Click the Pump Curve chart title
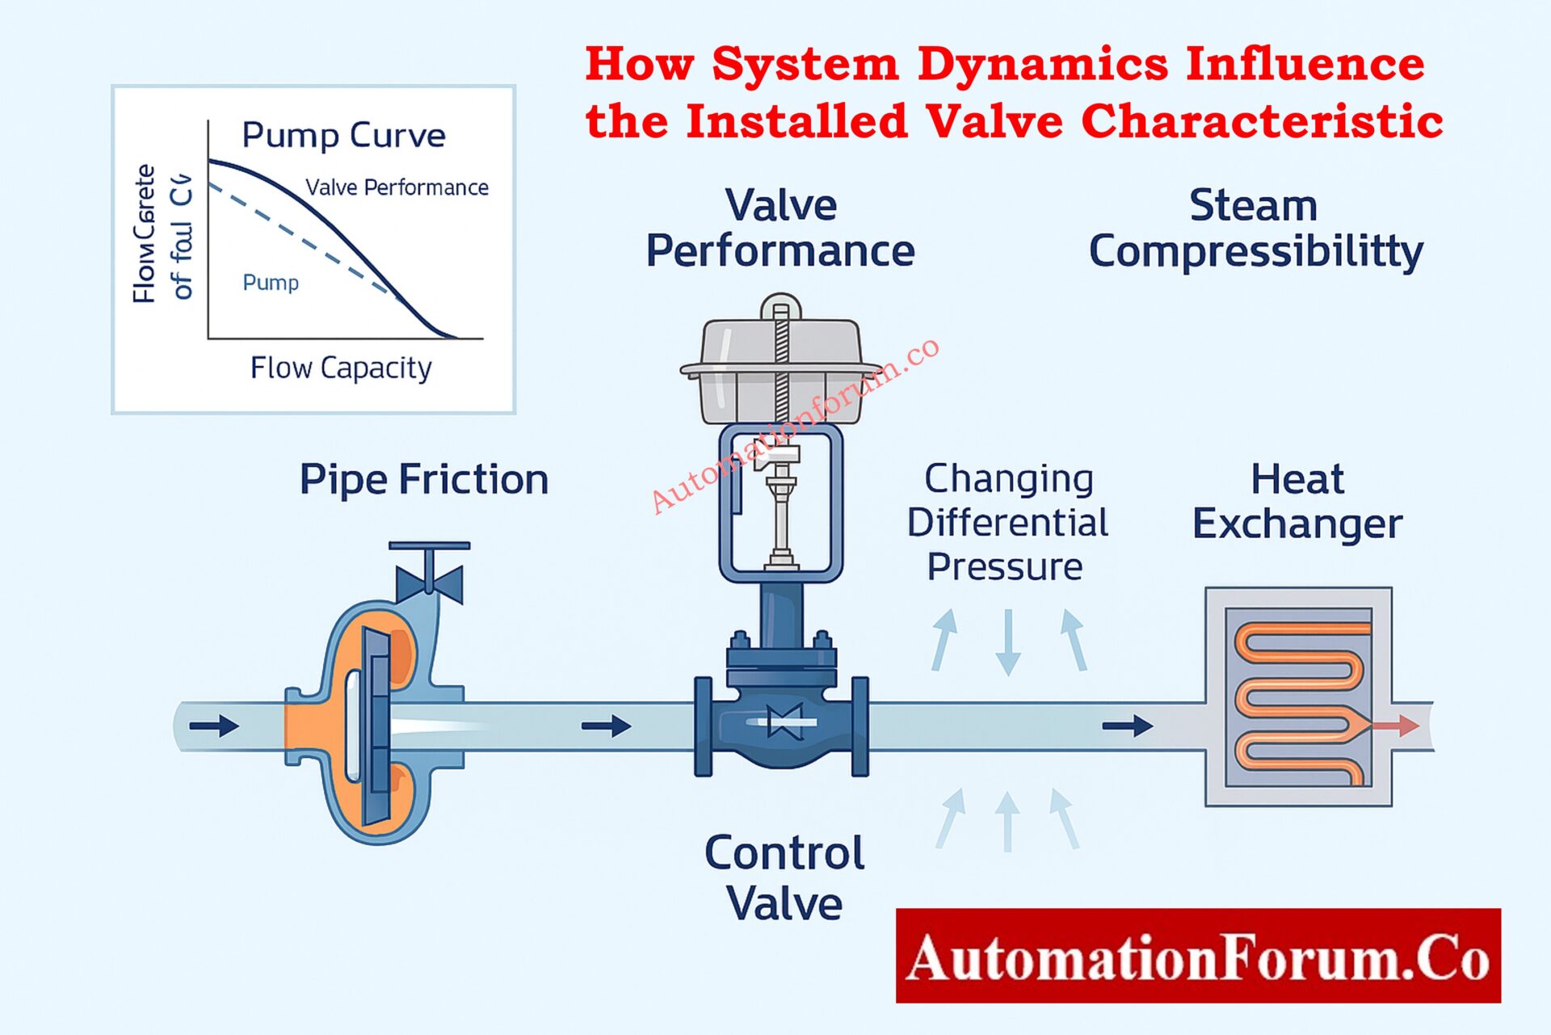coord(343,136)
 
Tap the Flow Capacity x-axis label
coord(341,368)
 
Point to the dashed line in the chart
coord(307,242)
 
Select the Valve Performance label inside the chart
coord(397,187)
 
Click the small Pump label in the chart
coord(271,283)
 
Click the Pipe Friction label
coord(424,479)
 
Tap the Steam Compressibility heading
coord(1255,228)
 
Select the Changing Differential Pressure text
coord(1007,522)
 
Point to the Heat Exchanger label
coord(1297,501)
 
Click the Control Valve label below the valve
coord(784,877)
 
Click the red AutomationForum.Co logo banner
coord(1198,956)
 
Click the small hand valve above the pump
coord(430,575)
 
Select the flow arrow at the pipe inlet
coord(214,726)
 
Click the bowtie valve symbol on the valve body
coord(784,722)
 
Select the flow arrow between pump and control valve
coord(607,726)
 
